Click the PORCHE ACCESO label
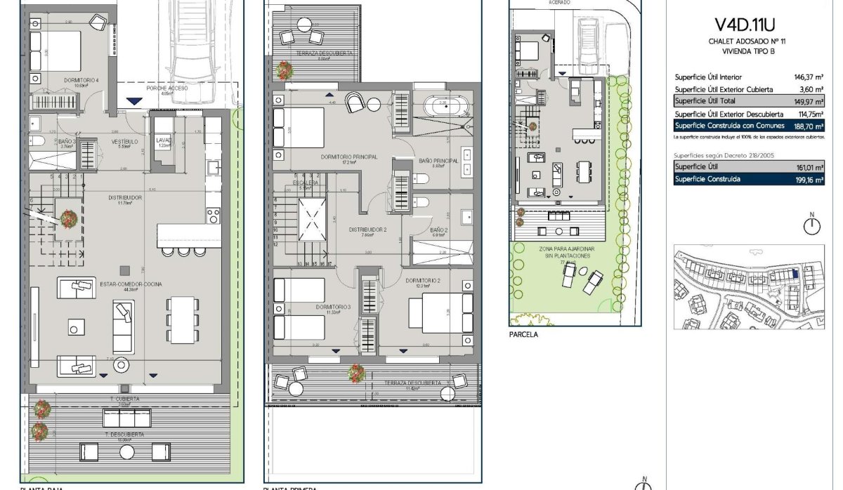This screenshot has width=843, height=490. click(x=166, y=88)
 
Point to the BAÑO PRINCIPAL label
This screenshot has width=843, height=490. click(x=438, y=161)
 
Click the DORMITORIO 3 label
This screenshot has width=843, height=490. click(x=333, y=307)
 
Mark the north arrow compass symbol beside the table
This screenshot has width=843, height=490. click(x=812, y=225)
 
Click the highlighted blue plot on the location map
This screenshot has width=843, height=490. click(x=795, y=275)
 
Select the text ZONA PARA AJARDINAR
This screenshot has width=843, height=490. click(x=564, y=249)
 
